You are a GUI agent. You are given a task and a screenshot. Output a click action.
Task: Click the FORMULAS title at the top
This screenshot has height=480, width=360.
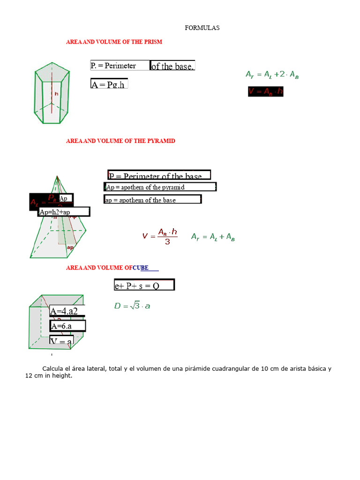click(202, 28)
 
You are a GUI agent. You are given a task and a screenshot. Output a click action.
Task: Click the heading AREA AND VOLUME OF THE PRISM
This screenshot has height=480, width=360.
click(114, 42)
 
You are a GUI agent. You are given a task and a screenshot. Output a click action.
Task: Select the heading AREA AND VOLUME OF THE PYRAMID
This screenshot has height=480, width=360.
click(120, 141)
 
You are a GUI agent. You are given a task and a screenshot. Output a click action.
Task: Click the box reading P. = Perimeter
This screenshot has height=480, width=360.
click(120, 66)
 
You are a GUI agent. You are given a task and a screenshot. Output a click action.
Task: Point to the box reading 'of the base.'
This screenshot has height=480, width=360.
click(172, 66)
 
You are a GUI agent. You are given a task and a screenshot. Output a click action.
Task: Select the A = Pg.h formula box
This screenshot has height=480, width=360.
click(109, 84)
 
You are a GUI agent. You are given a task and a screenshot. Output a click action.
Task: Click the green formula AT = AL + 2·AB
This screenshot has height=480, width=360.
click(272, 74)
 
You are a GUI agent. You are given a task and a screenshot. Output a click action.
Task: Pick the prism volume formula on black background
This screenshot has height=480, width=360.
click(266, 91)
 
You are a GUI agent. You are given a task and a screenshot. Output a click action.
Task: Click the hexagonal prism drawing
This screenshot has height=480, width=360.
click(52, 96)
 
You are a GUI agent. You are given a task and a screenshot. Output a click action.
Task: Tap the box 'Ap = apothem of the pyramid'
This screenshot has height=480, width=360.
click(159, 187)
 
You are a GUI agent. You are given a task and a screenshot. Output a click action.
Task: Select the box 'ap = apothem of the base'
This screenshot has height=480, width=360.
click(152, 200)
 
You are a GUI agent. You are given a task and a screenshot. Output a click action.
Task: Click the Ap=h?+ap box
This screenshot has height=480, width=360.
click(64, 212)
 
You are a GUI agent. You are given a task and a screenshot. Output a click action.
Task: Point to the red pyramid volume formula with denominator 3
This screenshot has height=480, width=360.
click(161, 236)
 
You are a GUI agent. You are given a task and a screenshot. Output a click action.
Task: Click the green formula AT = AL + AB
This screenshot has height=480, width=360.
click(213, 237)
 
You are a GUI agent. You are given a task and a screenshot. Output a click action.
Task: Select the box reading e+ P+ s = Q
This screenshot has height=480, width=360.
click(144, 285)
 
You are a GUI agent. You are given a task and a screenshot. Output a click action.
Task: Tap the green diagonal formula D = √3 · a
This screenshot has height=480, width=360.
click(132, 306)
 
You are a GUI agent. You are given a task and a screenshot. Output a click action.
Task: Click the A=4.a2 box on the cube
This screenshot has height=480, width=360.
click(67, 310)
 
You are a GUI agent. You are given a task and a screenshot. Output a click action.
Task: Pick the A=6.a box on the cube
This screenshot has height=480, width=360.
click(67, 326)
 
